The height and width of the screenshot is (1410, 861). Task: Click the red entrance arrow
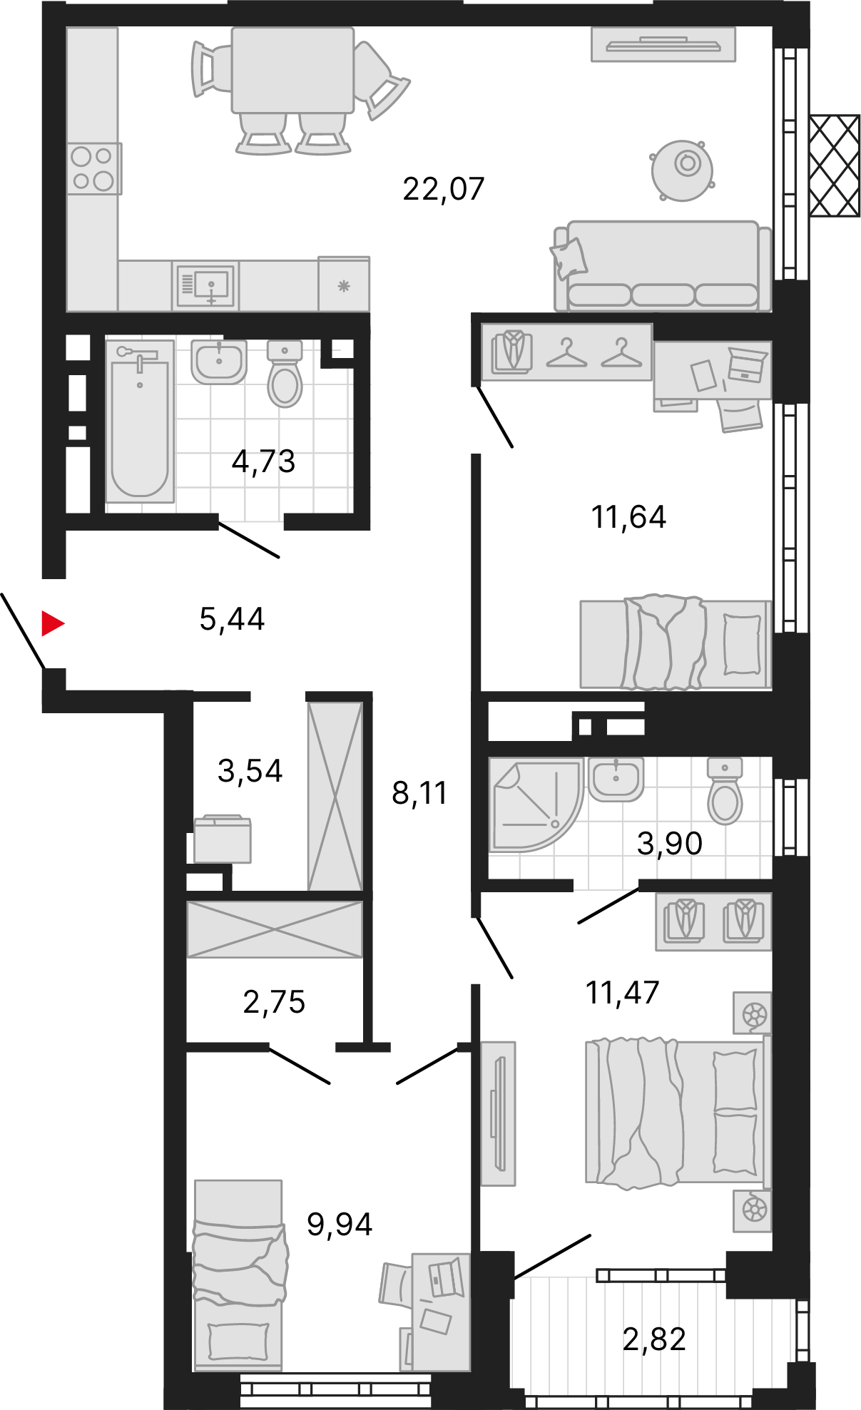tap(53, 623)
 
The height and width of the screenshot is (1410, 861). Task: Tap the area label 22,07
tap(444, 189)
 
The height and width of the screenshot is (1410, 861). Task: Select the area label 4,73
tap(263, 461)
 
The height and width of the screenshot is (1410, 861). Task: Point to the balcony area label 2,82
tap(654, 1339)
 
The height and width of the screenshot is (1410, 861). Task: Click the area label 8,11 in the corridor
tap(419, 793)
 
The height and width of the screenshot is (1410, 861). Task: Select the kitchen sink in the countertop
tap(205, 286)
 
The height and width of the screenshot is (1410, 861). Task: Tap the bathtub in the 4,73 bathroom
tap(140, 421)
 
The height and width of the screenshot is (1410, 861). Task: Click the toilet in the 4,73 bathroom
tap(285, 373)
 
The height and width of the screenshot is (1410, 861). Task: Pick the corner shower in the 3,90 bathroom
tap(536, 804)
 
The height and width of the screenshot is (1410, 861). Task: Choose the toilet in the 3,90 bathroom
tap(725, 791)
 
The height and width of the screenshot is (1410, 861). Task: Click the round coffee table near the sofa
tap(683, 170)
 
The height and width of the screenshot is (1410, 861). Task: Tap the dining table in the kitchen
tap(293, 70)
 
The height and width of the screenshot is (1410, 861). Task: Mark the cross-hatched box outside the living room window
tap(835, 165)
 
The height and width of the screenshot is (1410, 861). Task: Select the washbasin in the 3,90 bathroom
tap(616, 779)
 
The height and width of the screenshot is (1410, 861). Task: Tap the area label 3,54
tap(250, 771)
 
